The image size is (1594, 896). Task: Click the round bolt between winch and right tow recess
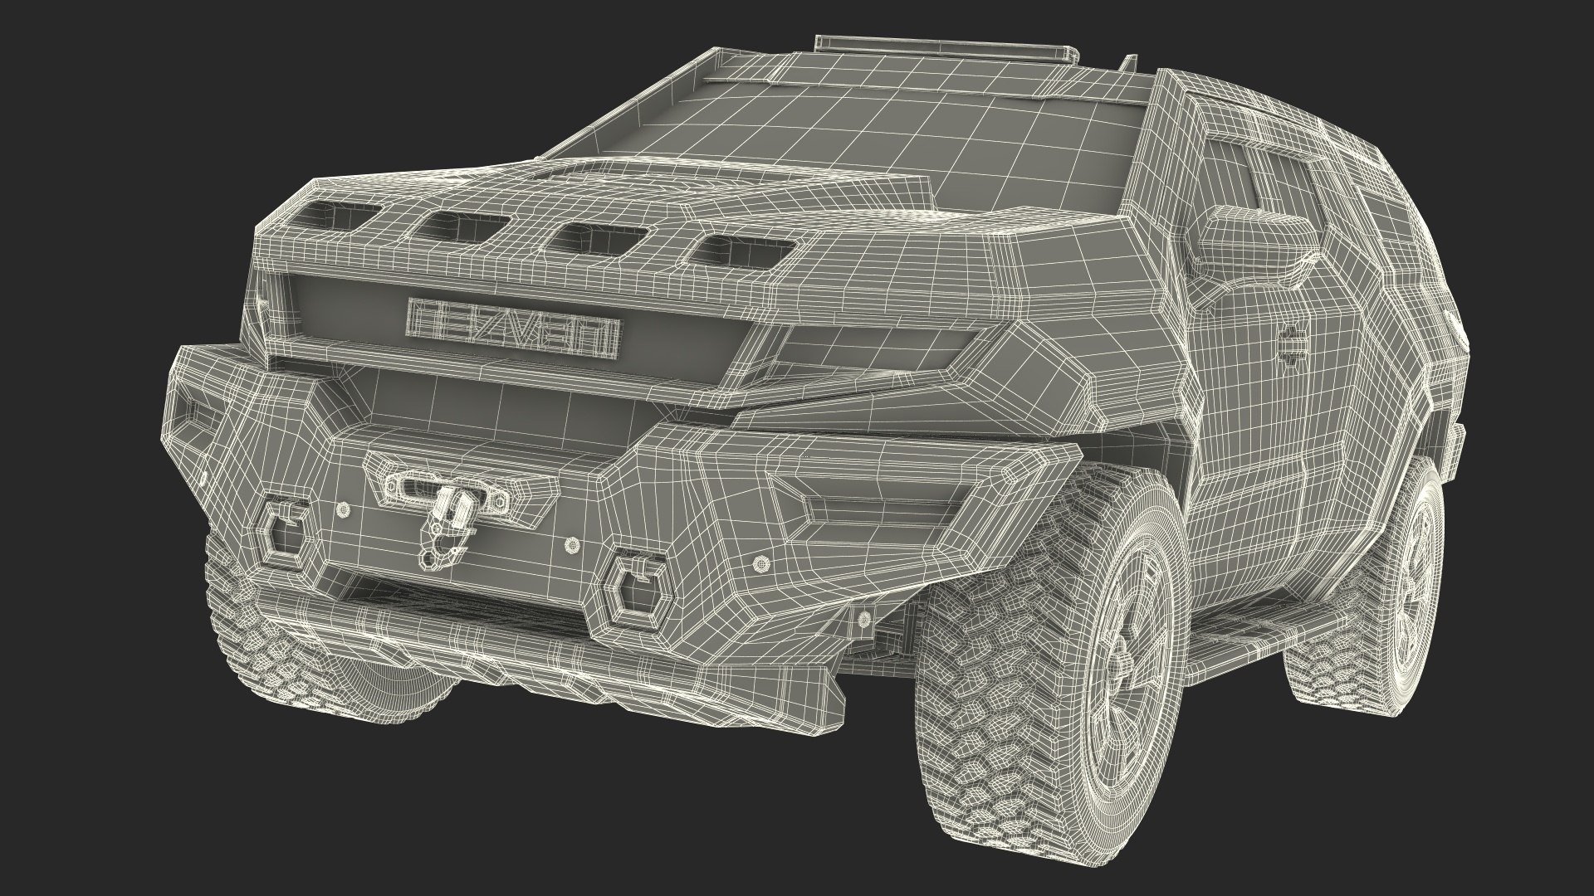tap(572, 544)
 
